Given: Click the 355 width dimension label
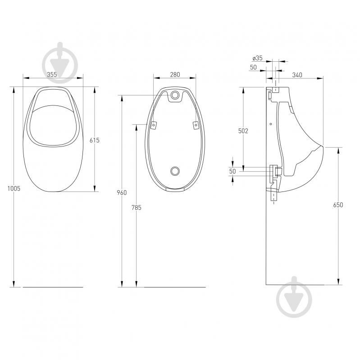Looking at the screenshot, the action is pos(52,74).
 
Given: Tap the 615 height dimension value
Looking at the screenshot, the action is pos(94,140).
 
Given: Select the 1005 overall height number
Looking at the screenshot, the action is pos(14,188).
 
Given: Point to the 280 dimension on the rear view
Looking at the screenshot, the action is pos(175,74).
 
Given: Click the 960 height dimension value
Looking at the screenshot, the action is pos(122,193).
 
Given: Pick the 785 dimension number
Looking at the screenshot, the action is pos(137,208).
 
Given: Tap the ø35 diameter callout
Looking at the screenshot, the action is pos(257,58).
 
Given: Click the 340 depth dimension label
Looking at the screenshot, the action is pos(297,75).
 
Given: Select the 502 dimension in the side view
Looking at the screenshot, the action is pos(243,131).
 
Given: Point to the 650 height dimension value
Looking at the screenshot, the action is pos(338,205).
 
